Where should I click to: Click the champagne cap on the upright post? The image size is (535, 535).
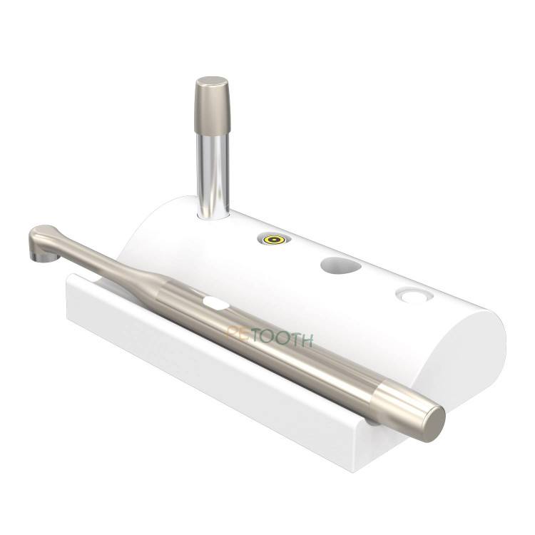[212, 105]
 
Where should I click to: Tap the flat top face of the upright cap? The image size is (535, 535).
[212, 82]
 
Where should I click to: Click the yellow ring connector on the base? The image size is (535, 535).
[275, 240]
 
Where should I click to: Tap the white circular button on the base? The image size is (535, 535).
[414, 295]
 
